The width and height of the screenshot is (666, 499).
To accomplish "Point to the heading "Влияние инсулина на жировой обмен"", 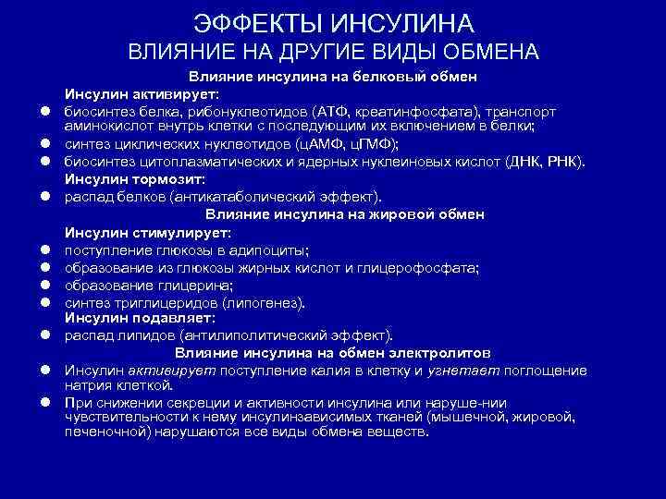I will [x=345, y=214].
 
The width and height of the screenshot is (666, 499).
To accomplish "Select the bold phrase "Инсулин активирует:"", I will [x=141, y=93].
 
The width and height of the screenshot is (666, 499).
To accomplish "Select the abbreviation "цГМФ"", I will [x=374, y=144].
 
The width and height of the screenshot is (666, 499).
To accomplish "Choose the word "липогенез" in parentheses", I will [x=272, y=302].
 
